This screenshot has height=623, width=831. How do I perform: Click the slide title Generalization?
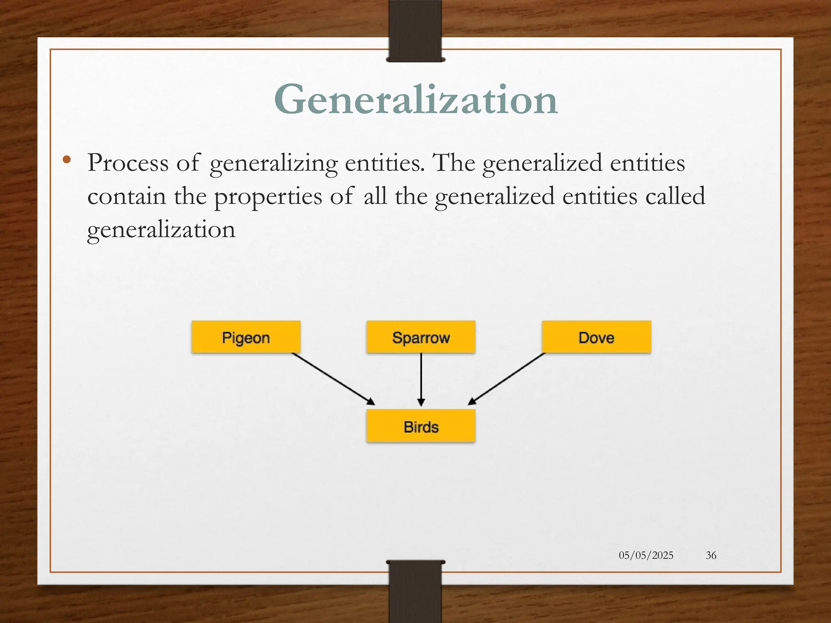pos(415,100)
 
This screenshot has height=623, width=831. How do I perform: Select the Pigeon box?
pos(246,337)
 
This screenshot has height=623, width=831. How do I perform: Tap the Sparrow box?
pos(421,337)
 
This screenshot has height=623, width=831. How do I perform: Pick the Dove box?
pos(596,337)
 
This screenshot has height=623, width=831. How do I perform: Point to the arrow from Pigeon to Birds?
pos(333,378)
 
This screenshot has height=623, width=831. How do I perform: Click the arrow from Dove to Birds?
pos(507,378)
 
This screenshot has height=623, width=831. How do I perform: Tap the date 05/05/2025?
pos(646,555)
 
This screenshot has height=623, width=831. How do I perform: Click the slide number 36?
pos(711,555)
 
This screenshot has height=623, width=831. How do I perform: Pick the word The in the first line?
pos(454,163)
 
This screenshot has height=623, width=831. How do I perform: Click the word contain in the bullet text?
pos(127,196)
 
